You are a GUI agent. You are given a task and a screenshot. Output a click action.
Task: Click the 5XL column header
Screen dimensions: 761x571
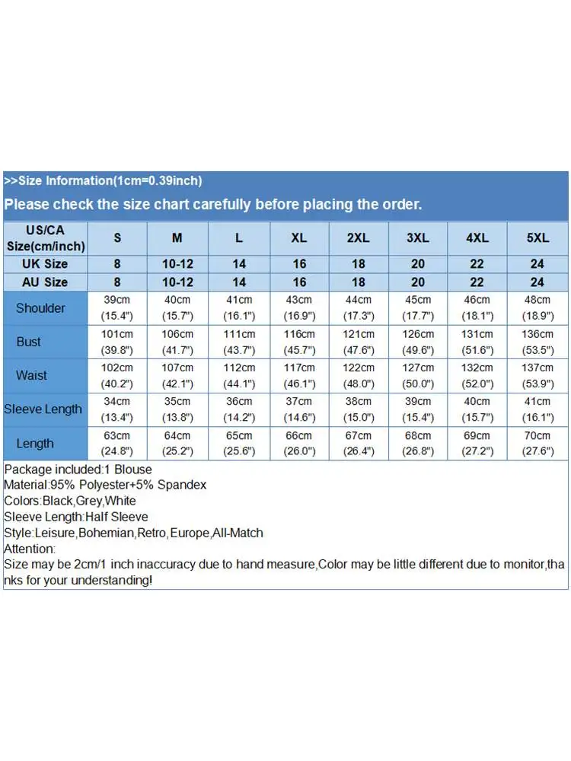pos(538,238)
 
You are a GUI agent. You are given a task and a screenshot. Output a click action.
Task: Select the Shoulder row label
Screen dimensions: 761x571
pos(40,308)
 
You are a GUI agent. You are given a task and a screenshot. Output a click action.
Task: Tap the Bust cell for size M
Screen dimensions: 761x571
pos(177,342)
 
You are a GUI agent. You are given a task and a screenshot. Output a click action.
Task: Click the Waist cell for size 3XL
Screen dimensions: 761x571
pos(418,375)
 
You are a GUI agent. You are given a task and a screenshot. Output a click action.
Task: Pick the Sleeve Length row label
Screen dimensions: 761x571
pos(43,409)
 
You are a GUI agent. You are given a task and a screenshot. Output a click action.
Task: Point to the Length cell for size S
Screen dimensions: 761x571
pos(117,443)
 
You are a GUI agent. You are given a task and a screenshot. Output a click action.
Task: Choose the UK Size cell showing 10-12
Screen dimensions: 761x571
pos(177,264)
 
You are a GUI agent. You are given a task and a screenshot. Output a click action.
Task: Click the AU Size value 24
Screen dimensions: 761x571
pos(538,282)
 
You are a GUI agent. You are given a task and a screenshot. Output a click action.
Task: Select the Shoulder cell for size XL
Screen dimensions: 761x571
pos(299,308)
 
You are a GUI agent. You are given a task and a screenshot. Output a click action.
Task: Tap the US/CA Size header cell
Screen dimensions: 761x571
pos(45,238)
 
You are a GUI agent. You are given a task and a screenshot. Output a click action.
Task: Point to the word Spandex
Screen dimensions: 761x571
pos(181,485)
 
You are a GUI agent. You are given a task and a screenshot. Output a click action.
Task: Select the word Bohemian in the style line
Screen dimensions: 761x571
pos(106,533)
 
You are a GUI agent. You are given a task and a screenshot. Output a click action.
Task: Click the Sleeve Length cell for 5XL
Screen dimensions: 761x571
pos(538,409)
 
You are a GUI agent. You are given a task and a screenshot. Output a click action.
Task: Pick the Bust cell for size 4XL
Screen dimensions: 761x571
pos(477,342)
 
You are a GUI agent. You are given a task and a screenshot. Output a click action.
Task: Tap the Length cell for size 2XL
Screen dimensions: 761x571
pos(359,443)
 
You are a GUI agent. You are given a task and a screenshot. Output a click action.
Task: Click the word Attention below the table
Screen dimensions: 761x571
pos(30,549)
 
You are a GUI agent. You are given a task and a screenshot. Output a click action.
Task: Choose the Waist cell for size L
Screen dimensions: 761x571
pos(239,375)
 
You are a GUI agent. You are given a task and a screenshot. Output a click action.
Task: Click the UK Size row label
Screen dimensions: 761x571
pos(45,264)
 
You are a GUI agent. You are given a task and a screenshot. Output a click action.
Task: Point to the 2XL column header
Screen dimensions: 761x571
pos(359,238)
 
